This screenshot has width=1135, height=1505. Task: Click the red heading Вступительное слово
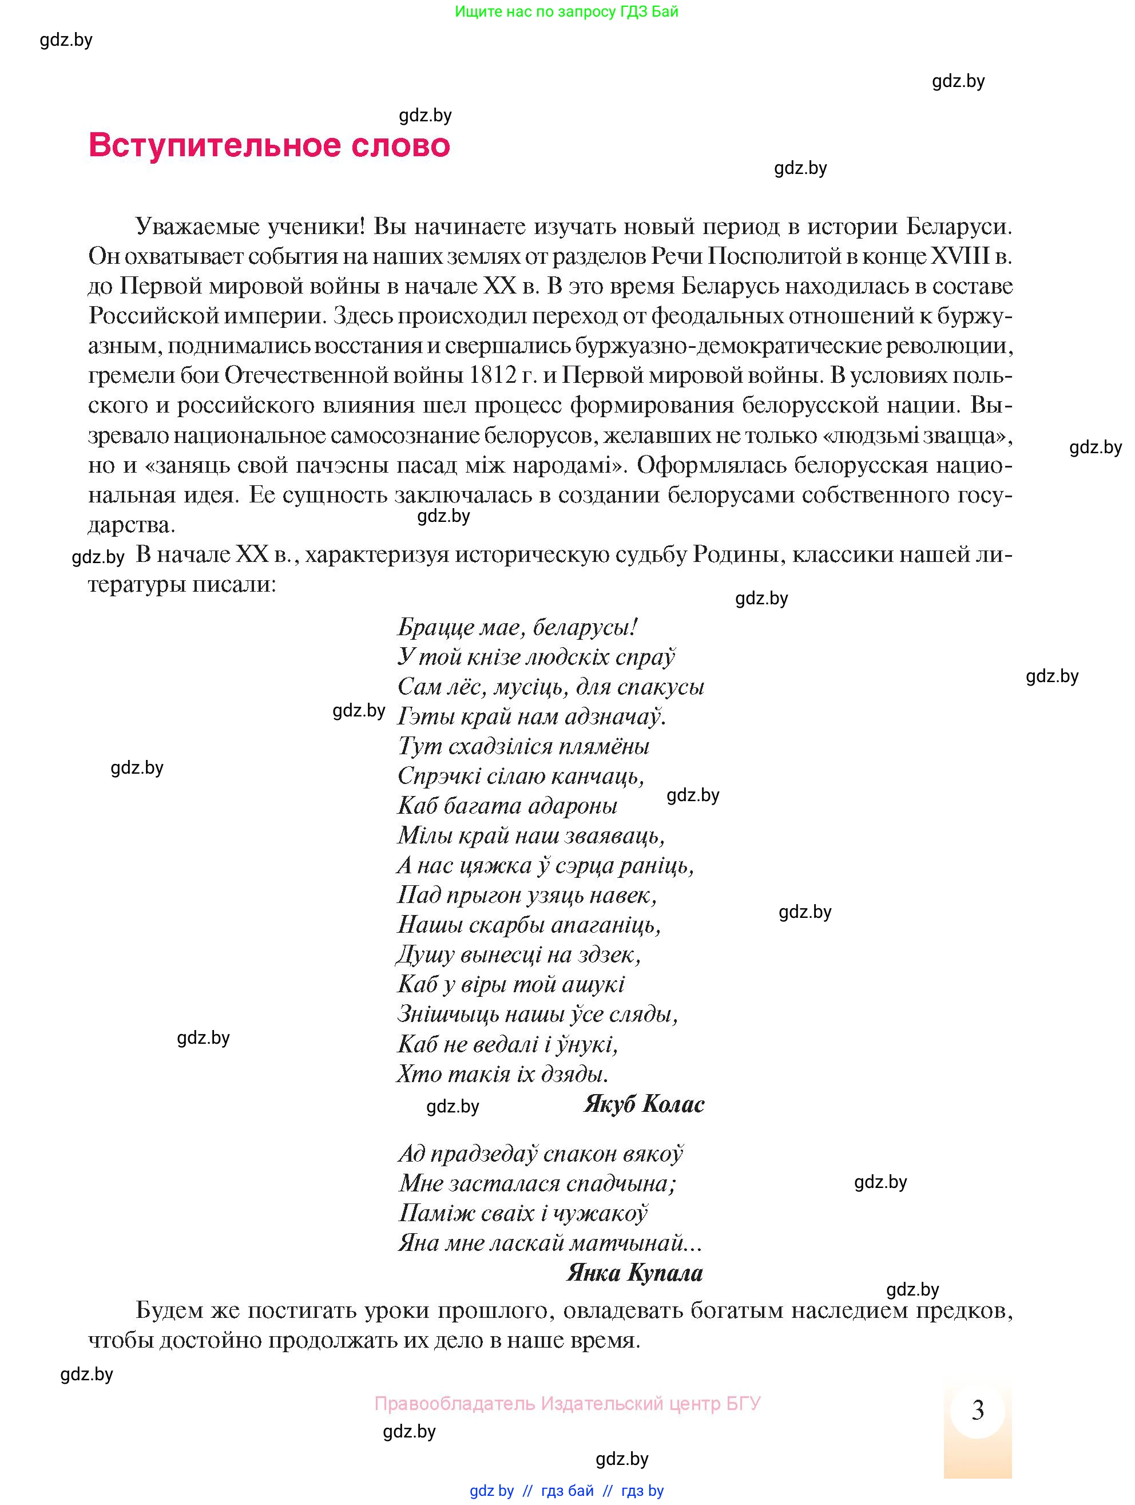click(269, 145)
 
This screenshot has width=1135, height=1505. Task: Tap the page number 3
click(977, 1410)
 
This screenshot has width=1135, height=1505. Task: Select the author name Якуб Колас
click(644, 1104)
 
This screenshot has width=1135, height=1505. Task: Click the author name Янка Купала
click(634, 1272)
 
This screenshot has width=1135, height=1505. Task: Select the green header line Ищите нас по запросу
click(566, 11)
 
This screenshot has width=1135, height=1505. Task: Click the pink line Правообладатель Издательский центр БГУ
click(567, 1403)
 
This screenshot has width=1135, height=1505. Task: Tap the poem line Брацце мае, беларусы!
click(517, 627)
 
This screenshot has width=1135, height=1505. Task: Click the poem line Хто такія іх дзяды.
click(502, 1074)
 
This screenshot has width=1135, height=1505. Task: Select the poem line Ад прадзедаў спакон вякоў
click(540, 1153)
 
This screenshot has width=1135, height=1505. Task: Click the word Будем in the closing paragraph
click(163, 1310)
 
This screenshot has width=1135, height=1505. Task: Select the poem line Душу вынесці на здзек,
click(518, 955)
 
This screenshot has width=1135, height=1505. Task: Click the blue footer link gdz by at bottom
click(491, 1491)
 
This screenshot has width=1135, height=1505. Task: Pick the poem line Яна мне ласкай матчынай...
click(549, 1243)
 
